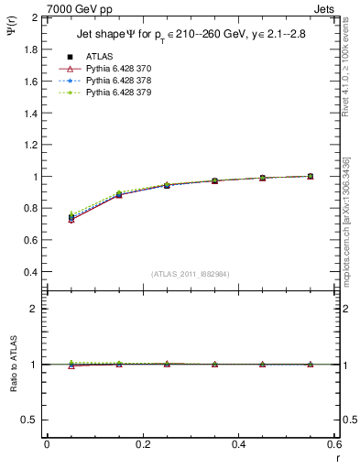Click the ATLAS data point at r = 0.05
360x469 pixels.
[x=71, y=217]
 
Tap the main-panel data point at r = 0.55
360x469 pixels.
[x=311, y=176]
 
